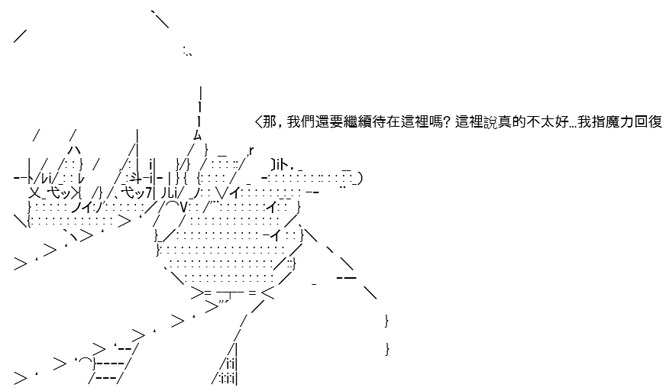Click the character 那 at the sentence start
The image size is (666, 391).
(270, 122)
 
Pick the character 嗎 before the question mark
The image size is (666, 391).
(436, 122)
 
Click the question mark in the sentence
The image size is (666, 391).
(447, 122)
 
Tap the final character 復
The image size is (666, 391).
(655, 122)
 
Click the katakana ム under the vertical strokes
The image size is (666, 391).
(198, 136)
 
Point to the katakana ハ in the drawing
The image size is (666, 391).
(74, 150)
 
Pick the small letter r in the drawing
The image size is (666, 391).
(251, 150)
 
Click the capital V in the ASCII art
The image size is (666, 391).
(183, 207)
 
